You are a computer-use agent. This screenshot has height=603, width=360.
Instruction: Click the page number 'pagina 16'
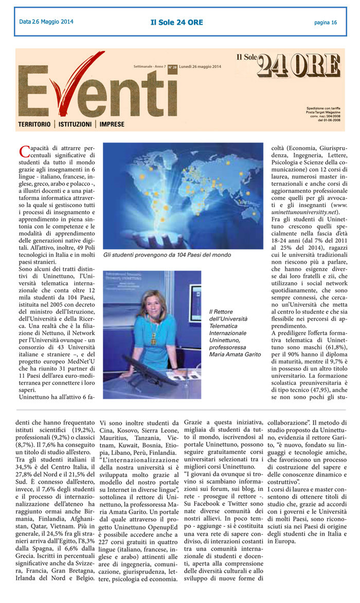point(326,22)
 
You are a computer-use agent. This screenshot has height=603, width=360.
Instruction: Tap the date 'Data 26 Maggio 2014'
point(46,22)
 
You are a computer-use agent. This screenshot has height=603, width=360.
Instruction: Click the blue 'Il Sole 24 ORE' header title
point(176,22)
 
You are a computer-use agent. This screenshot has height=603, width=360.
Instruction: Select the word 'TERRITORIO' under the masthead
point(34,124)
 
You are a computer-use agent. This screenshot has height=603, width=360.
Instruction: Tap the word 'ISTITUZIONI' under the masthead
point(75,124)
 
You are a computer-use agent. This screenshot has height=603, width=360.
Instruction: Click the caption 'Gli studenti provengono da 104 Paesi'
point(167,255)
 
